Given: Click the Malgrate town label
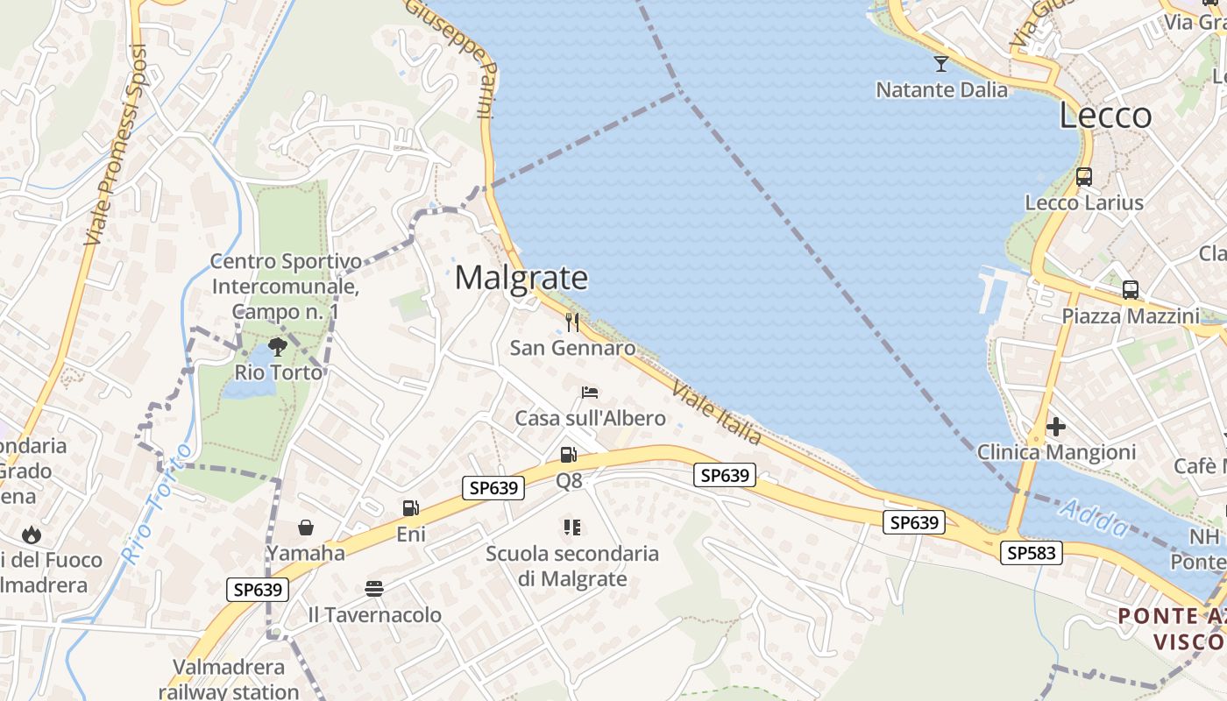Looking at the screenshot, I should tap(521, 278).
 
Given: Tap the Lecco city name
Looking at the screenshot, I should tap(1105, 116).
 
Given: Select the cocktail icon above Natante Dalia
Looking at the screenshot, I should tap(941, 63).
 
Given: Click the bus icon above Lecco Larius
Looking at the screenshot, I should tap(1084, 176).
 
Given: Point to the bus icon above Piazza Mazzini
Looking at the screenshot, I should tap(1131, 289).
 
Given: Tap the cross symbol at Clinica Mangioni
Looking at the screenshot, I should tap(1056, 427).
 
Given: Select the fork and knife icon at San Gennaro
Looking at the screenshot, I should tap(572, 322).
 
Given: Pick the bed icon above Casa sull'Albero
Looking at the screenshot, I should tap(590, 392).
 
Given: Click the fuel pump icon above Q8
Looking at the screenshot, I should tap(569, 455).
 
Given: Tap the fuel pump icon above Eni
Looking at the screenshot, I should tap(410, 508).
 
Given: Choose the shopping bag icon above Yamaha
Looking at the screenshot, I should tap(306, 528).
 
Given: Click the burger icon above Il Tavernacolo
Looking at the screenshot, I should tap(374, 588).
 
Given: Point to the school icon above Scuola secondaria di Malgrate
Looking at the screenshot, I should tap(572, 528).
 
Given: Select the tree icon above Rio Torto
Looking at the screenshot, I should tap(278, 346).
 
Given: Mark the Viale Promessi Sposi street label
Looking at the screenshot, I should tap(117, 145).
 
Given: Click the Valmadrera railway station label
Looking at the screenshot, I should tap(229, 679).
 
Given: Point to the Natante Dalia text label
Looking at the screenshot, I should tap(942, 89).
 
